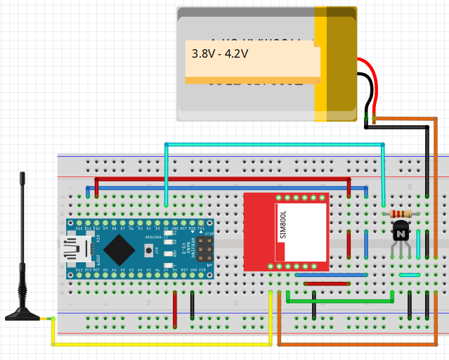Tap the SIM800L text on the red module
coord(283,225)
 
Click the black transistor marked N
coord(401,231)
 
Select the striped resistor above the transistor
coord(401,214)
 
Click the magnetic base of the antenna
coord(22,314)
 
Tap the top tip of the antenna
coord(22,174)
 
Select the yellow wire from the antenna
coord(162,345)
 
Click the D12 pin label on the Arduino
coord(79,229)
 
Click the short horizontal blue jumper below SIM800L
coord(331,275)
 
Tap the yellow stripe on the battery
coord(320,60)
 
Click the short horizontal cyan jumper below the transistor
coord(409,275)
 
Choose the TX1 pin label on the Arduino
coord(201,229)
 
